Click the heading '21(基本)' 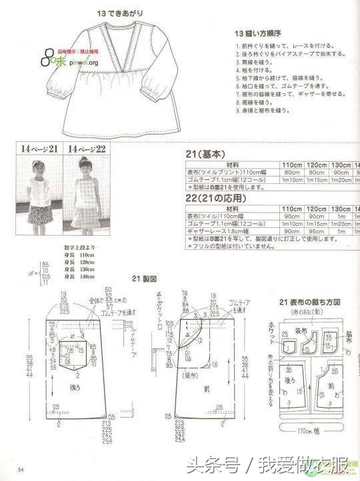tap(206, 153)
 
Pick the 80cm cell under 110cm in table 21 tap(291, 173)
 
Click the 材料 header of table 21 tap(233, 165)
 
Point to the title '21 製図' tap(143, 278)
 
